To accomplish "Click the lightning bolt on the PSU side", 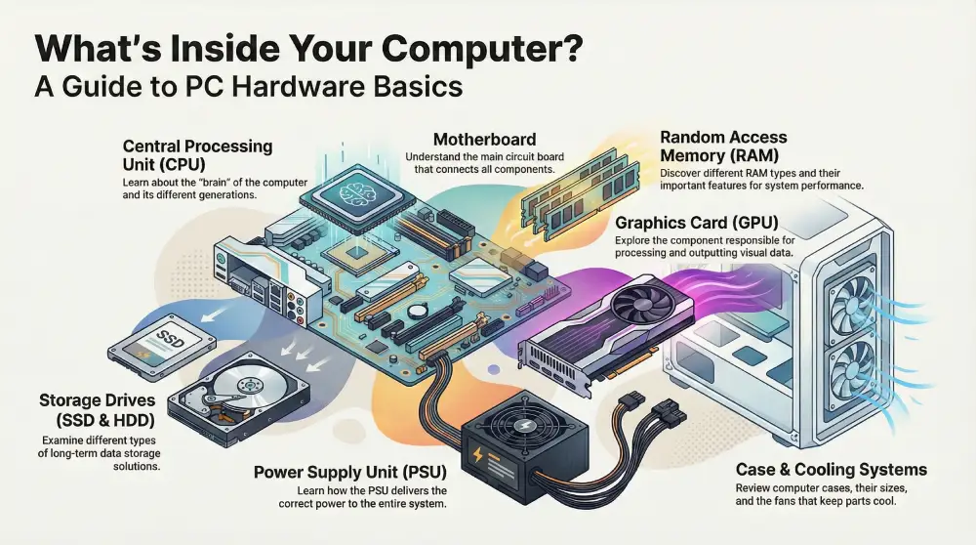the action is (477, 455).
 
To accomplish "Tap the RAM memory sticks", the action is (579, 193).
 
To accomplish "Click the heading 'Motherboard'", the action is (484, 139).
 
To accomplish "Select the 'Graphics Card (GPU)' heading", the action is (697, 223).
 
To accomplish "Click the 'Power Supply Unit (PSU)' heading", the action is (349, 472).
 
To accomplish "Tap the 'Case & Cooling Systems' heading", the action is (831, 469).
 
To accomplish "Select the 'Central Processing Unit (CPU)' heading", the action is (197, 155).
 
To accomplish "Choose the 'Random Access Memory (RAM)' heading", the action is (723, 146).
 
